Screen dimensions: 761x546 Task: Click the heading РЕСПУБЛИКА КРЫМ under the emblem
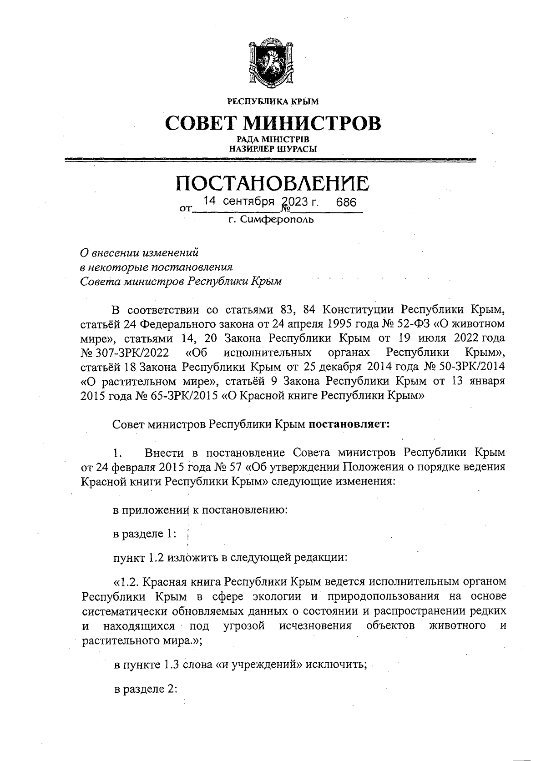273,101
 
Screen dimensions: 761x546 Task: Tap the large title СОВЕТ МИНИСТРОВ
273,122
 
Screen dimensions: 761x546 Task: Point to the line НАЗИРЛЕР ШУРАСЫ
273,148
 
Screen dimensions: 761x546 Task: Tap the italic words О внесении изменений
140,252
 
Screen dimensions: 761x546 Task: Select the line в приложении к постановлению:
200,510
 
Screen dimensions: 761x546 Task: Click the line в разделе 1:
145,534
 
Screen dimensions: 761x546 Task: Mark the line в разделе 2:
145,689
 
